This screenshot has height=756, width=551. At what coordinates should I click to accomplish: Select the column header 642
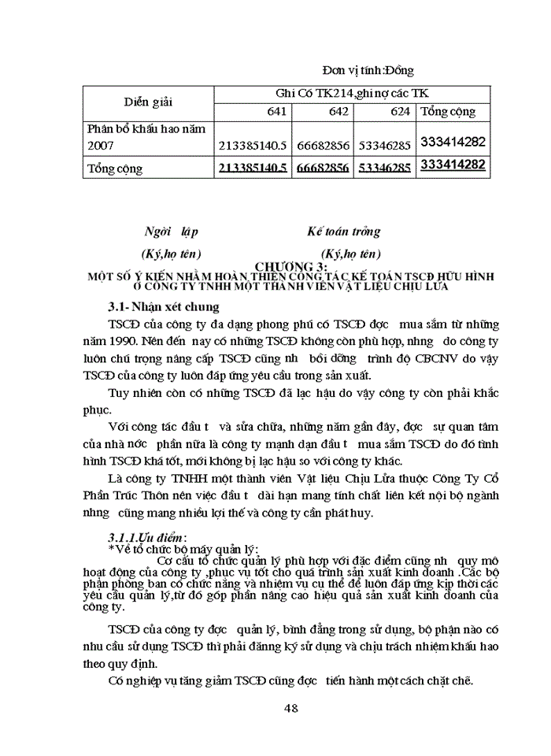(x=338, y=111)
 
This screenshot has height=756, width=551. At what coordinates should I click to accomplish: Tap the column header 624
(x=400, y=111)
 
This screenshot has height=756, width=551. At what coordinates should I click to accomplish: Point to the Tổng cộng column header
(x=449, y=111)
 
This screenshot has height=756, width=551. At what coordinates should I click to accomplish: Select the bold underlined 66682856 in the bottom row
(x=323, y=167)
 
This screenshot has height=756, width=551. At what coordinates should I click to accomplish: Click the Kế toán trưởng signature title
(x=343, y=232)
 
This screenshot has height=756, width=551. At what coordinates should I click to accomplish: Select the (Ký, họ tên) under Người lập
(x=170, y=254)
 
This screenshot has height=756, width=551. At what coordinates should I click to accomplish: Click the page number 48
(x=290, y=707)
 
